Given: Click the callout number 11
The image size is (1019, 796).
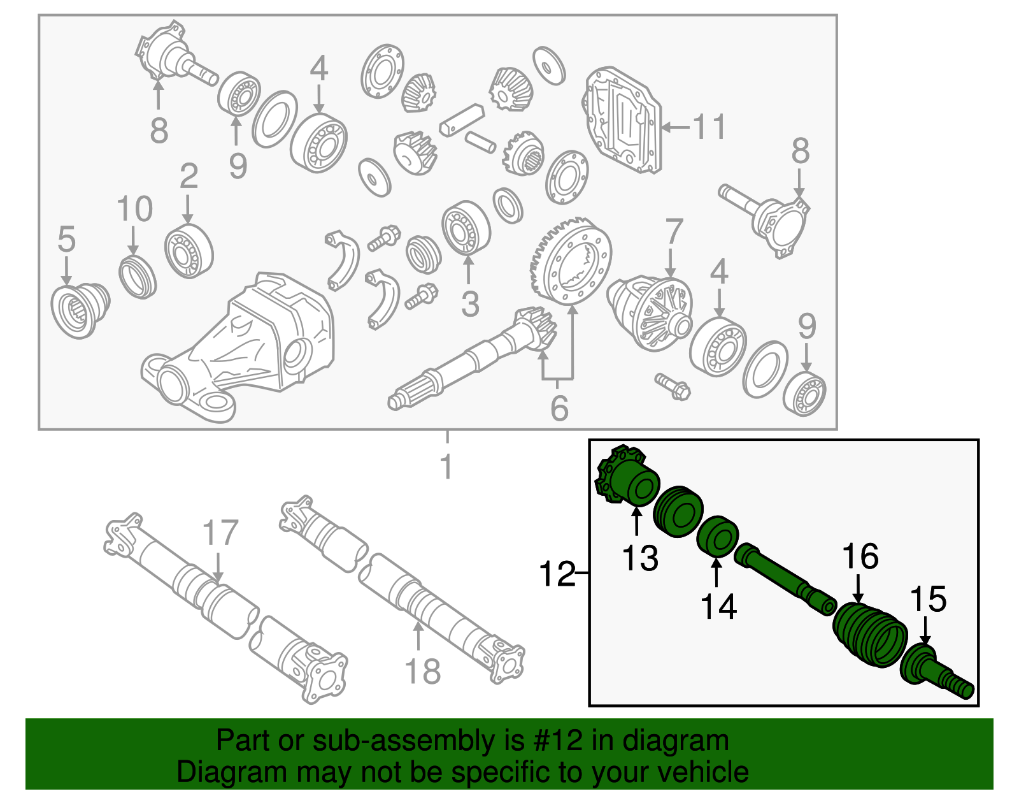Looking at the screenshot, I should (x=709, y=127).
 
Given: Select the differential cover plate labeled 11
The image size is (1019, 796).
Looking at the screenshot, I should (x=623, y=120).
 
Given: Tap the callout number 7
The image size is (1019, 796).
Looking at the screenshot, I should (x=674, y=232).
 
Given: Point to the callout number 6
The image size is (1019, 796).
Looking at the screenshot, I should (x=559, y=409).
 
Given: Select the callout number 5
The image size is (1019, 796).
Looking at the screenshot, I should (x=66, y=240).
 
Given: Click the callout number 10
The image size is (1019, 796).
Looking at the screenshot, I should (x=135, y=209).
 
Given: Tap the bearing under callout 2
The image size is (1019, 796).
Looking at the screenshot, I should (x=189, y=252).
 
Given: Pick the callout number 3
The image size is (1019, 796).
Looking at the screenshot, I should (x=470, y=304).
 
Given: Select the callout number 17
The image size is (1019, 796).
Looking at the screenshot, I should (x=220, y=533).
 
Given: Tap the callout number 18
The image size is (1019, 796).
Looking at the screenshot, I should (x=422, y=671).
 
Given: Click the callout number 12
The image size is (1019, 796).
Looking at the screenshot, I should (x=557, y=574).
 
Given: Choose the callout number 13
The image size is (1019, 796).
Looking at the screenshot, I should (x=640, y=558).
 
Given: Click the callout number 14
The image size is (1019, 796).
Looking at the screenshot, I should (x=718, y=606).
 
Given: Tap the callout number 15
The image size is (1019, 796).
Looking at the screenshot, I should (x=928, y=600).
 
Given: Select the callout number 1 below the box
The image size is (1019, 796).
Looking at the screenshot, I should (x=446, y=467).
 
